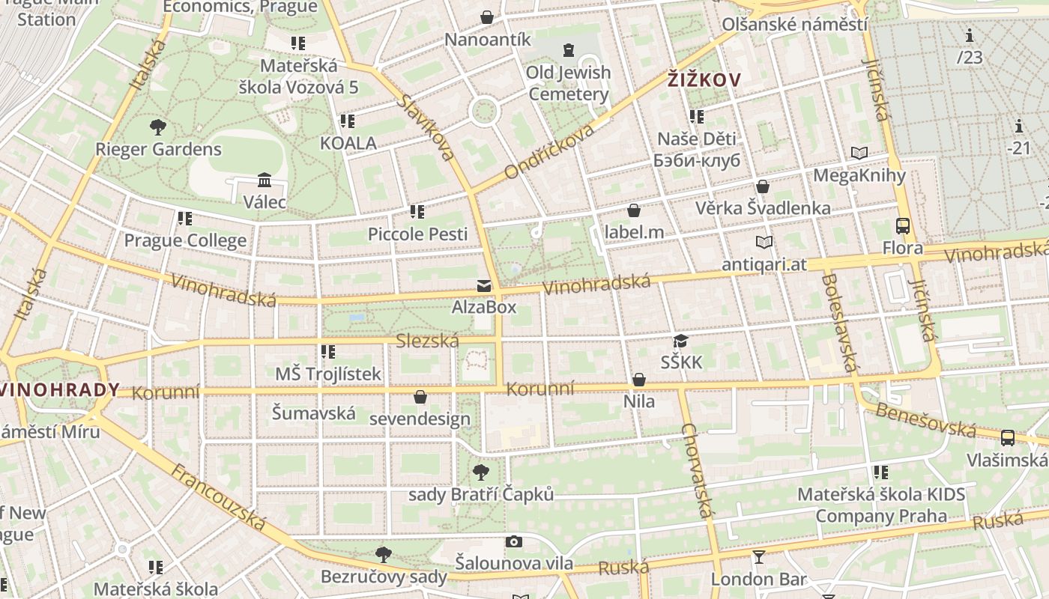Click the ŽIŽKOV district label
tap(704, 80)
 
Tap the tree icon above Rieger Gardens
tap(157, 127)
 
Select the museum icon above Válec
tap(264, 180)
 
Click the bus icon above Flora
tap(903, 225)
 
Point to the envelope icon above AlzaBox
tap(483, 285)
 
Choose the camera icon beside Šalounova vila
tap(514, 541)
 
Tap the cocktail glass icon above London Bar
tap(758, 556)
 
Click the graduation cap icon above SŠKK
tap(680, 341)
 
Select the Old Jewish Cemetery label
tap(568, 83)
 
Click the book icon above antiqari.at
tap(764, 242)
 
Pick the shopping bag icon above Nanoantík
tap(487, 16)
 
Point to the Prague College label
tap(185, 240)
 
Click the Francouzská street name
tap(218, 497)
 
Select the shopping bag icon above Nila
tap(639, 380)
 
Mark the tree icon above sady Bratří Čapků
tap(481, 472)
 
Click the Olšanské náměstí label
tap(794, 24)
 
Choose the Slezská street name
tap(427, 341)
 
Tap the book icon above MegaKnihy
tap(859, 153)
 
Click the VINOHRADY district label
tap(60, 389)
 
